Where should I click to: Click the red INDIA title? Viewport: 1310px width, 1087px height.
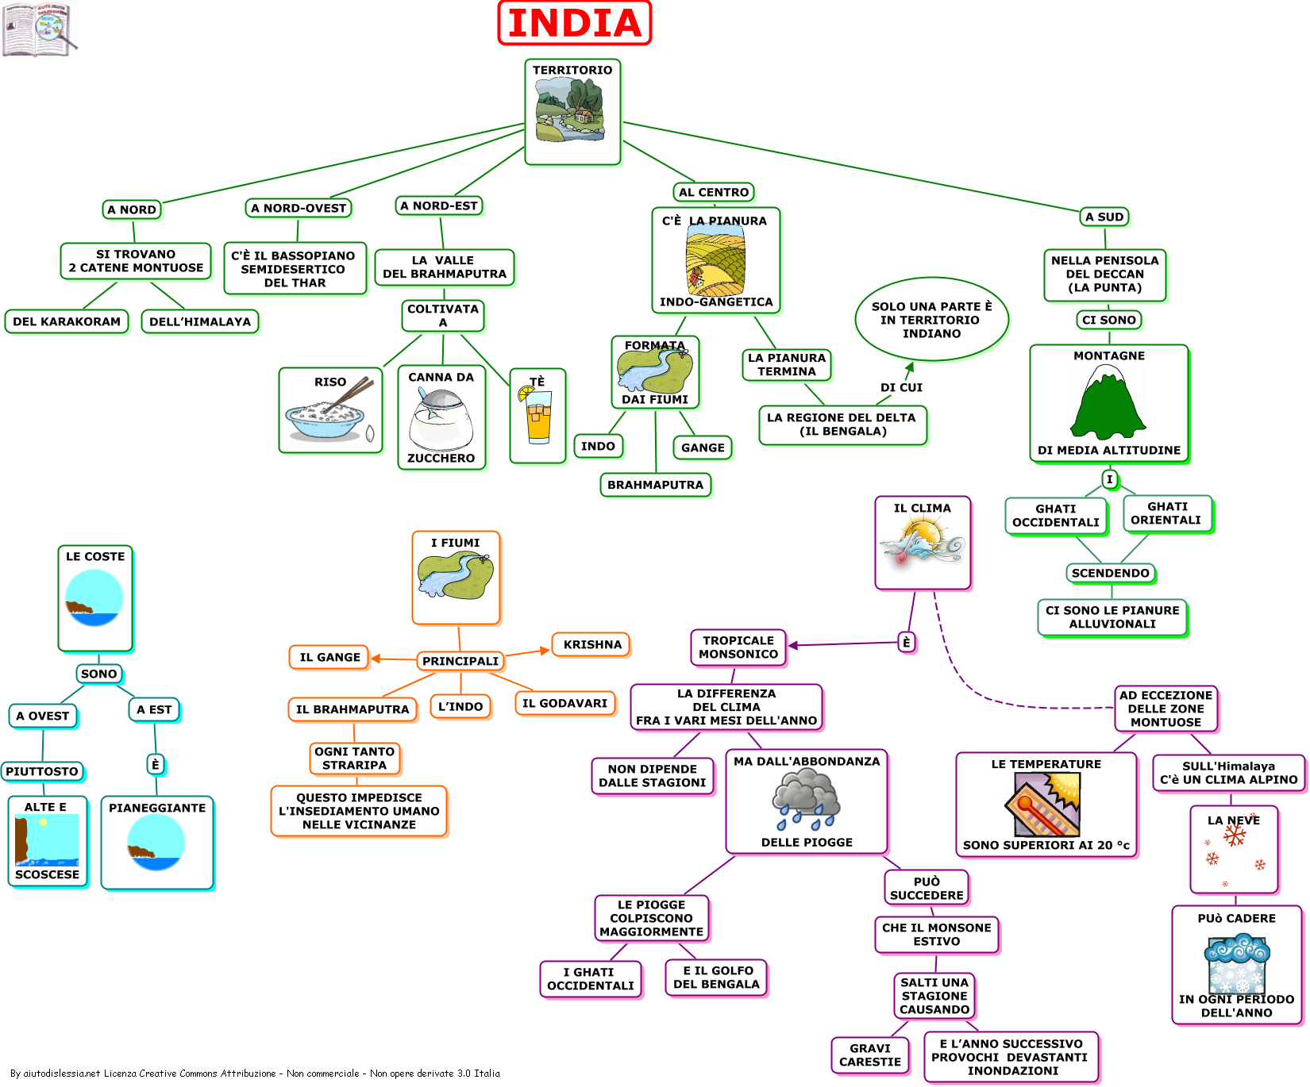pos(574,23)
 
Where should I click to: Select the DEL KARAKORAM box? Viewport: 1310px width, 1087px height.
pos(67,321)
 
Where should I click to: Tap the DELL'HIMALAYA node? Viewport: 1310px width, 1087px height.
pos(200,321)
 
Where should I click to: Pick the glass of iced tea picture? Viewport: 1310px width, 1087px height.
pos(538,416)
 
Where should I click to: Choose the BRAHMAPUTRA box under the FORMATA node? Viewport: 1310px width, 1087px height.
pos(655,485)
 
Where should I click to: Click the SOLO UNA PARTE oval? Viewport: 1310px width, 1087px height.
pos(931,320)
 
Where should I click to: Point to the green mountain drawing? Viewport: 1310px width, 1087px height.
pos(1108,404)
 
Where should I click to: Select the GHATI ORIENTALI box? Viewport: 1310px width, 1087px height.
pos(1166,513)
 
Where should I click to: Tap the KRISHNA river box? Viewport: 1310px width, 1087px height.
pos(592,644)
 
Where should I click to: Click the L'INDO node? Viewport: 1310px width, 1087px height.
pos(460,706)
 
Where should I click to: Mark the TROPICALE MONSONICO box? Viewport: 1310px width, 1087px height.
pos(738,647)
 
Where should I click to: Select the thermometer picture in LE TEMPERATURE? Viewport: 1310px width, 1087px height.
pos(1043,804)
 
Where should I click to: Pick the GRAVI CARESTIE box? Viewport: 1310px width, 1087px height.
pos(870,1055)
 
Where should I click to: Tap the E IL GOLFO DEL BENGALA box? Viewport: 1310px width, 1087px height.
pos(716,978)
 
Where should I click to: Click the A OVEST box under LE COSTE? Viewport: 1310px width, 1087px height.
pos(43,716)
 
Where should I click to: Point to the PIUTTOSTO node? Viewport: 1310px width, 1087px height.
pos(42,771)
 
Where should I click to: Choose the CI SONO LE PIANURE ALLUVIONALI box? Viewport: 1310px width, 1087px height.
pos(1112,617)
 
